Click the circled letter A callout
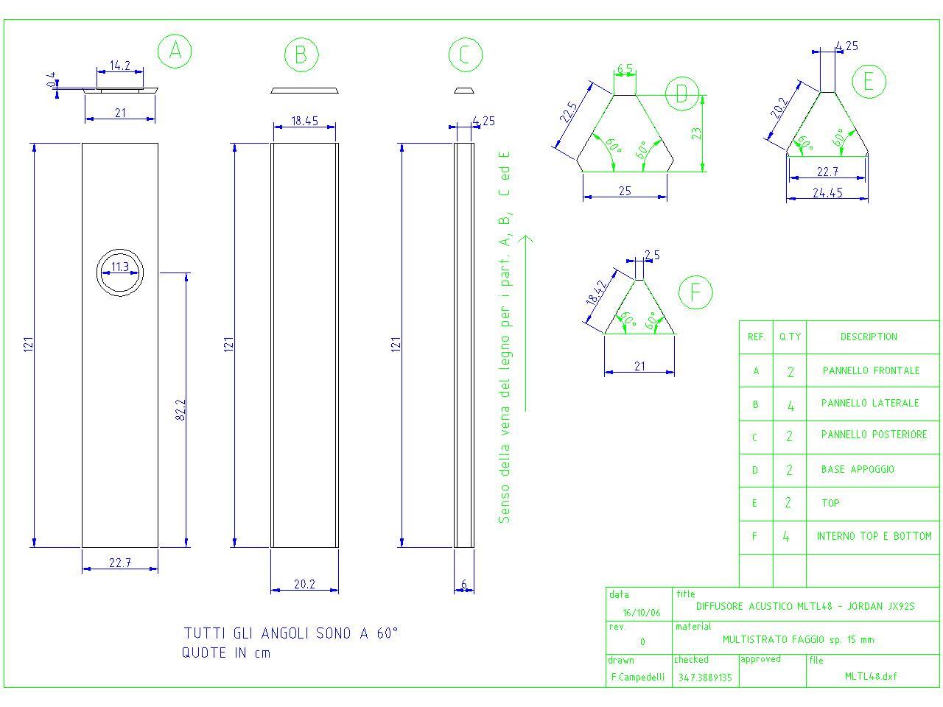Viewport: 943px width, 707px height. click(175, 51)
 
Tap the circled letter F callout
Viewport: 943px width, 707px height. click(695, 292)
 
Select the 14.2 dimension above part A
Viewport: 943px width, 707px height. click(120, 66)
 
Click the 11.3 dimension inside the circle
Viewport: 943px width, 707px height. click(120, 267)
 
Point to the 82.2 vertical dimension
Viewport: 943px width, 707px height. click(181, 409)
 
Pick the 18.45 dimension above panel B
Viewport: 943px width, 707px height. click(304, 121)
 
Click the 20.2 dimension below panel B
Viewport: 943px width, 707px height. click(304, 584)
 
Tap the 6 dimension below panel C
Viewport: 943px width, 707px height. click(464, 584)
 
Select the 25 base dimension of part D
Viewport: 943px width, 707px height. click(625, 191)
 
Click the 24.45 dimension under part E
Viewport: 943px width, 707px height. click(827, 193)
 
